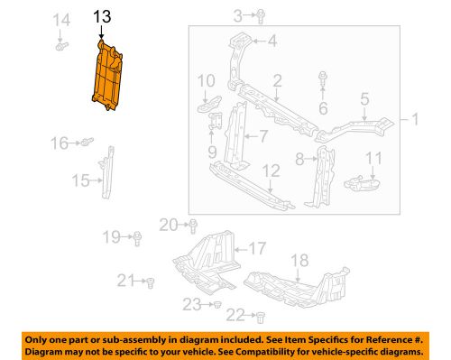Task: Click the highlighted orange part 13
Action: [112, 76]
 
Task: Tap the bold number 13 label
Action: [102, 15]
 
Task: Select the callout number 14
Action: [61, 20]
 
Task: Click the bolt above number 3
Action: [259, 14]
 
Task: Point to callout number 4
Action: [272, 40]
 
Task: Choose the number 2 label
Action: [278, 80]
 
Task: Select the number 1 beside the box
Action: [416, 118]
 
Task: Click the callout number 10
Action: [206, 79]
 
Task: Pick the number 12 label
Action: [272, 170]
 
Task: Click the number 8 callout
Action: [299, 159]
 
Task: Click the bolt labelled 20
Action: [193, 225]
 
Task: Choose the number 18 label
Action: [299, 259]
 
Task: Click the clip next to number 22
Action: [259, 315]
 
